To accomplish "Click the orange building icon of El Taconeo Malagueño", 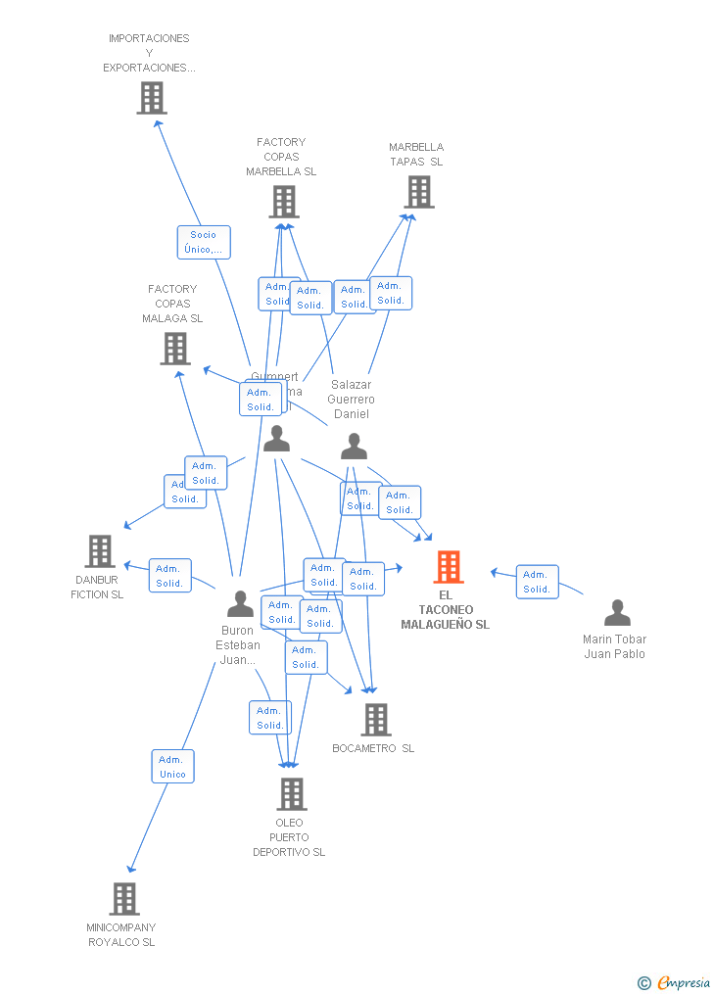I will tap(448, 566).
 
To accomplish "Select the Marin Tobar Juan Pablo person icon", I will tap(617, 613).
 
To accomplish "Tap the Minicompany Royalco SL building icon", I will tap(124, 898).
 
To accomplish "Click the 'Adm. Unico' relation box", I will tap(172, 766).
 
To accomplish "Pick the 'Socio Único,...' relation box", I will tap(204, 242).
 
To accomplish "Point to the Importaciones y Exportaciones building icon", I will tap(151, 98).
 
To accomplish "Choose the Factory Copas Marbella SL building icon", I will tap(283, 202).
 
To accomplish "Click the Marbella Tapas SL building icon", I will tap(418, 192).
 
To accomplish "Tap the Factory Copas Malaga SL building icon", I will tap(174, 349).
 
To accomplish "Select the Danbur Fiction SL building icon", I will tap(100, 551).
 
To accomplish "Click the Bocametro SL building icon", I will tap(375, 720).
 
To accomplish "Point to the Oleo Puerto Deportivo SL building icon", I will tap(291, 793).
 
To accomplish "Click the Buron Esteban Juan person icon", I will tap(240, 604).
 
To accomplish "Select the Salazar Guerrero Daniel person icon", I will tap(354, 447).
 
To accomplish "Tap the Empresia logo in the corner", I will tap(674, 982).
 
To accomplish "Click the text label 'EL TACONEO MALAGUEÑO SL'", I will tap(445, 609).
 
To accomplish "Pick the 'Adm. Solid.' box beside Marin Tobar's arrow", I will tap(537, 582).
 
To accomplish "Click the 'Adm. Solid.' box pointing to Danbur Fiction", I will tap(169, 576).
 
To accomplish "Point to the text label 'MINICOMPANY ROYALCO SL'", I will tap(121, 934).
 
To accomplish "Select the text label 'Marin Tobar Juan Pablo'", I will tap(614, 646).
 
